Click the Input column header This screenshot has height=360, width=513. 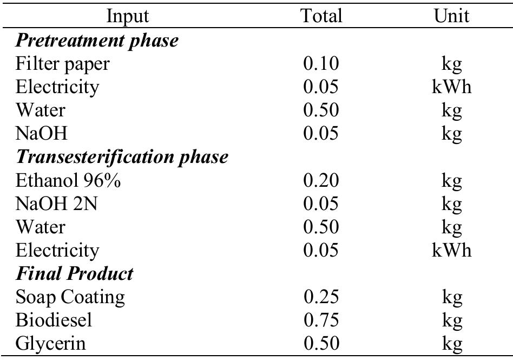coord(128,16)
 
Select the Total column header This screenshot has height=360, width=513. coord(321,16)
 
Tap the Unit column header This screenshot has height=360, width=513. coord(451,16)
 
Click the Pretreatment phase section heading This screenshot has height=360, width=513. coord(97,40)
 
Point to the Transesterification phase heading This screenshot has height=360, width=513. coord(122,157)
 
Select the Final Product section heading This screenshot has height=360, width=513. coord(75,273)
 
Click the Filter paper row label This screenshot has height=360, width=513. coord(63,63)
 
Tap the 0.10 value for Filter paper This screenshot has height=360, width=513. coord(321,63)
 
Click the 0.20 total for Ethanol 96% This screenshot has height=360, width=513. coord(321,180)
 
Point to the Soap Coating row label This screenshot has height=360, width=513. coord(70,297)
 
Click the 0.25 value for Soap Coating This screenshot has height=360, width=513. coord(321,297)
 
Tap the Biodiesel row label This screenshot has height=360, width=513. coord(54,320)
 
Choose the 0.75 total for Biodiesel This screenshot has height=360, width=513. coord(321,320)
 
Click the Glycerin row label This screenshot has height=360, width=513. coord(51,343)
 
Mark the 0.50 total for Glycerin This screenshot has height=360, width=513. coord(321,343)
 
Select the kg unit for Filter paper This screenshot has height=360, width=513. coord(451,64)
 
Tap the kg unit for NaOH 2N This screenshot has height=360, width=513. coord(451,205)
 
